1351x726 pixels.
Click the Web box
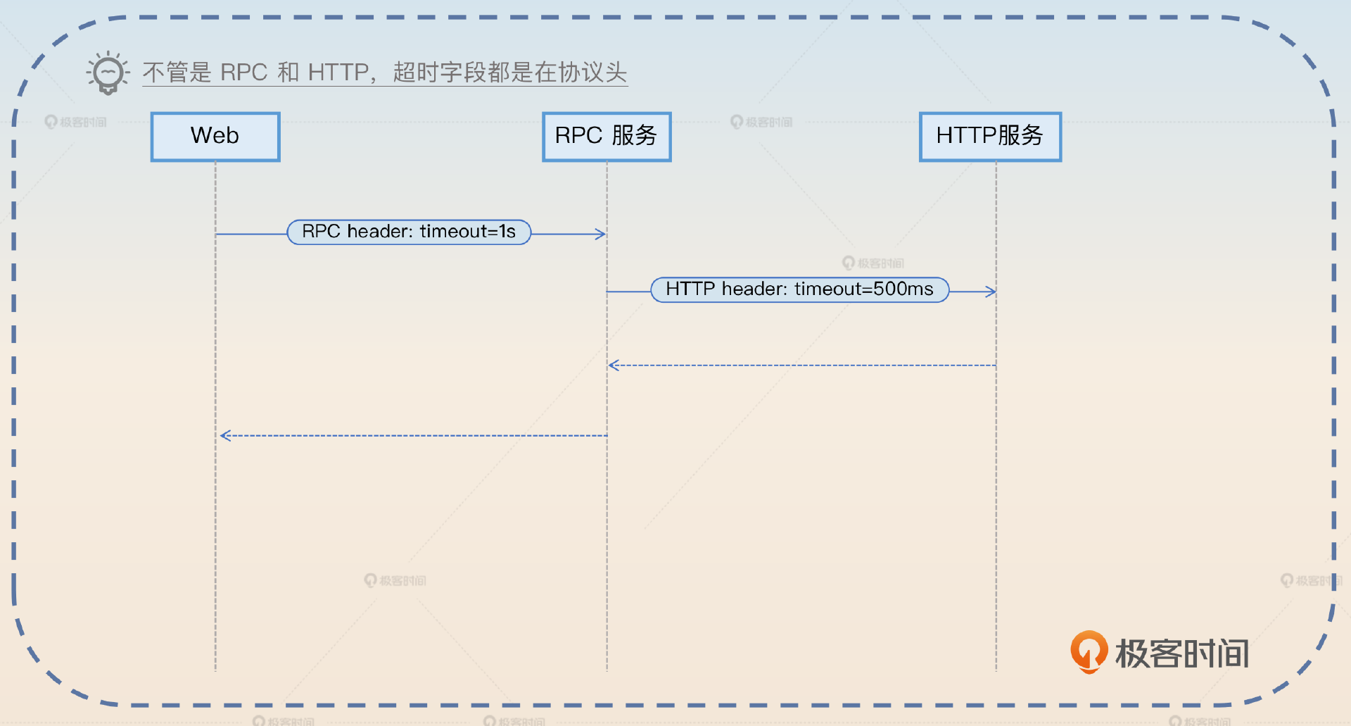coord(215,137)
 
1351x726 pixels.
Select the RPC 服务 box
coord(607,137)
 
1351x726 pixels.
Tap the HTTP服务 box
coord(990,137)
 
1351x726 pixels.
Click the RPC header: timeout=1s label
coord(409,232)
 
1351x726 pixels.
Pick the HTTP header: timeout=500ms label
coord(799,289)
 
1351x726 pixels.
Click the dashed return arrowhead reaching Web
coord(225,436)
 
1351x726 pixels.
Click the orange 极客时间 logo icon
coord(1089,651)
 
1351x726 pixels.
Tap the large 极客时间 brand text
coord(1182,653)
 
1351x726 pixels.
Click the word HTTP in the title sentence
coord(338,73)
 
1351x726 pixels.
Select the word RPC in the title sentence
coord(243,73)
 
